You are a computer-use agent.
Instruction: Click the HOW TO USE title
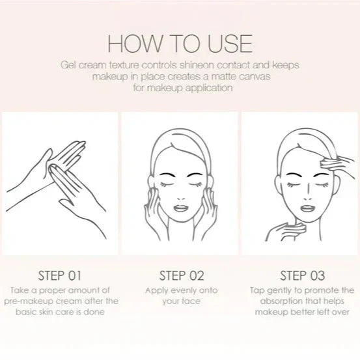point(180,44)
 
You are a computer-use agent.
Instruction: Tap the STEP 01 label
point(60,275)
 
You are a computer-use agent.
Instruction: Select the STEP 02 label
point(182,275)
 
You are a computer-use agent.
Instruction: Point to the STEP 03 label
point(302,275)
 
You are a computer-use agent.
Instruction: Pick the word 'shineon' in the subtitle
point(197,65)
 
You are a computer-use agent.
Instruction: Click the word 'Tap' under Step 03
point(257,290)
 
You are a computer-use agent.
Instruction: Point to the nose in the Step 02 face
point(181,197)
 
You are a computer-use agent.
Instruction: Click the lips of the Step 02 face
point(181,208)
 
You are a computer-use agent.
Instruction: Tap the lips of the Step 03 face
point(307,208)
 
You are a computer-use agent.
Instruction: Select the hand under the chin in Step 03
point(286,232)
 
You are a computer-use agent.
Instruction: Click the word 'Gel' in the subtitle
point(68,65)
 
